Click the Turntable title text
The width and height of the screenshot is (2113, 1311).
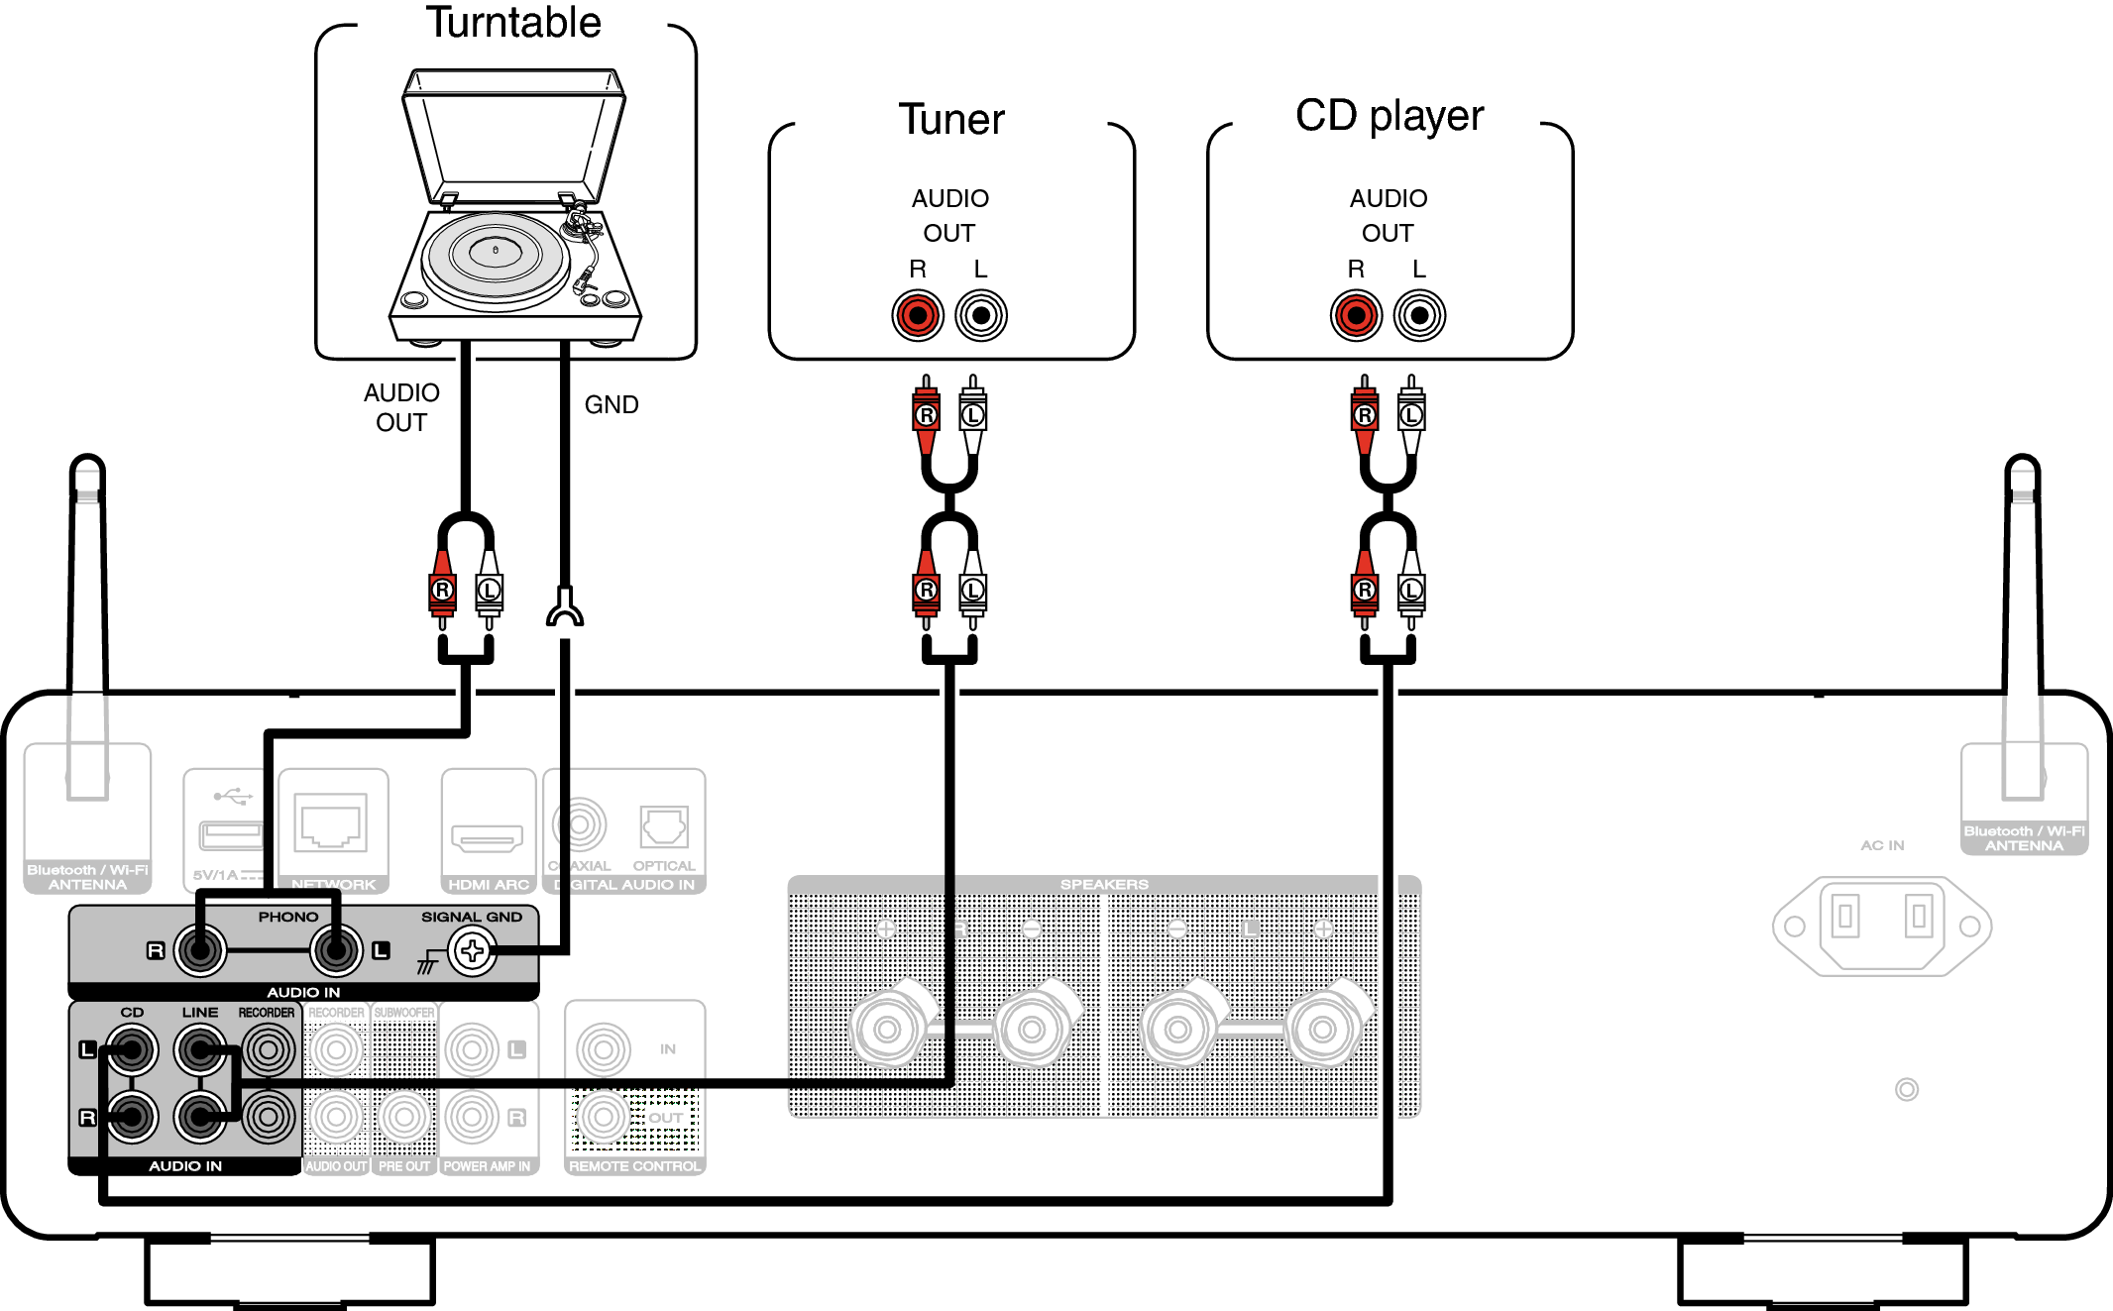coord(513,23)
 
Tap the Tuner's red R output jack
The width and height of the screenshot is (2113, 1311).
coord(917,316)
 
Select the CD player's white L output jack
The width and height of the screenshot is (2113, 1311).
coord(1419,316)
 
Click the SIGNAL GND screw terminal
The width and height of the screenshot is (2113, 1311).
coord(472,951)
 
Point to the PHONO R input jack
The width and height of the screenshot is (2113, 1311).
coord(200,951)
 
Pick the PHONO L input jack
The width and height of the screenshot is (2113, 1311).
coord(336,951)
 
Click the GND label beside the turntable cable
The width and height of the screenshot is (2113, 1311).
coord(611,404)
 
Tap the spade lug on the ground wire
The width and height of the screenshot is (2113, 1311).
coord(565,608)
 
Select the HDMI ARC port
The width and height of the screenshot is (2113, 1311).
coord(487,837)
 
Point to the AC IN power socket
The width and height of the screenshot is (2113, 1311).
coord(1881,926)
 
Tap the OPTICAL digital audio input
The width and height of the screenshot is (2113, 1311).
coord(663,826)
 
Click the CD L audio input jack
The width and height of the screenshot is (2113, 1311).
coord(132,1049)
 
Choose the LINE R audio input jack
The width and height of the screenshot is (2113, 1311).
coord(200,1118)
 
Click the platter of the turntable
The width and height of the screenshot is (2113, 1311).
coord(496,254)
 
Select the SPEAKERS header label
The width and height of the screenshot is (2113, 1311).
coord(1104,884)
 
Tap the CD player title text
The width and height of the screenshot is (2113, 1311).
coord(1389,116)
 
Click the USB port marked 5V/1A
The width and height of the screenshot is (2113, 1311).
coord(231,835)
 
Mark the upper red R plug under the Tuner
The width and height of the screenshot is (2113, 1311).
coord(926,414)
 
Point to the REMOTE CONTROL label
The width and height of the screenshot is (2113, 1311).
coord(634,1166)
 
